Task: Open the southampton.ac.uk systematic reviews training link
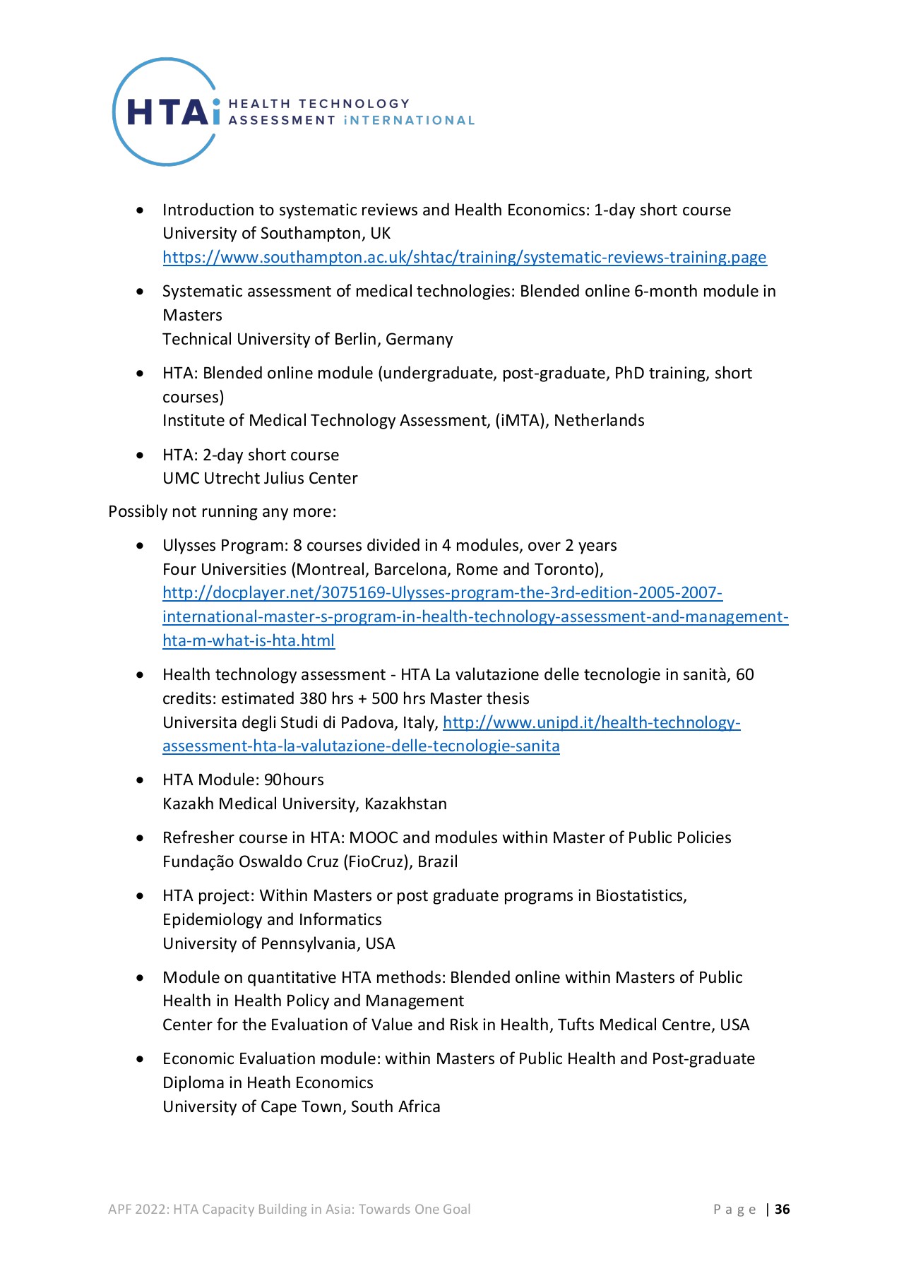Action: (x=464, y=257)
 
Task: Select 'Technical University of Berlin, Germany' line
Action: (x=307, y=339)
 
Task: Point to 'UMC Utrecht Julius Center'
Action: (x=260, y=479)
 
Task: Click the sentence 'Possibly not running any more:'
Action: (x=222, y=511)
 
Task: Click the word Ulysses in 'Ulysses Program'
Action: (x=190, y=545)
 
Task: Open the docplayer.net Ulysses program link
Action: (x=442, y=593)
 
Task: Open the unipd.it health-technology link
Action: (x=591, y=722)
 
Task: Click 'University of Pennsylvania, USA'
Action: (x=278, y=943)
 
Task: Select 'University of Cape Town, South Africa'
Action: (x=301, y=1106)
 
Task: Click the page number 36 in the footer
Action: (x=782, y=1209)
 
